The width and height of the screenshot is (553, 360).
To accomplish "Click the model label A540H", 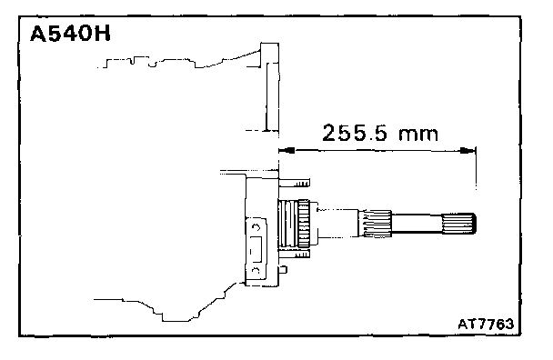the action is click(70, 35).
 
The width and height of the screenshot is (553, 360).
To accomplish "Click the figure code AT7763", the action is click(486, 324).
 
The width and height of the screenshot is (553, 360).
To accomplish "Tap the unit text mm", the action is click(418, 135).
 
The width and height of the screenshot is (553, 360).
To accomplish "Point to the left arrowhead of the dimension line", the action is click(287, 151).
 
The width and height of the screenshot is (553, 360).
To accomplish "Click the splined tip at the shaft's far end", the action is click(458, 223).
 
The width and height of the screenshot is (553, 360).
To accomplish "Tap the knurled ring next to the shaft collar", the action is click(304, 224).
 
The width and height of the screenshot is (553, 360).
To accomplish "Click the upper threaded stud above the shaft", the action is click(295, 183).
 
